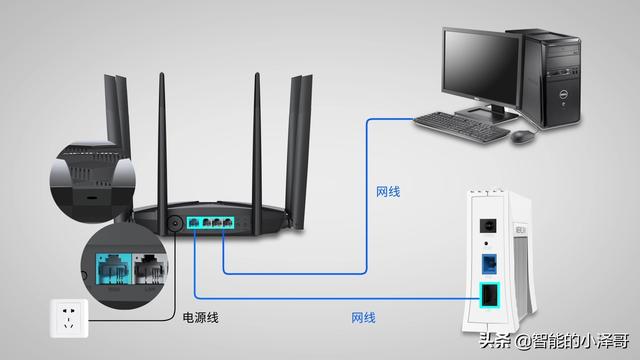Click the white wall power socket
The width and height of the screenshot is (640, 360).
[x=69, y=318]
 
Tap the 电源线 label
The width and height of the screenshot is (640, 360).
[x=200, y=318]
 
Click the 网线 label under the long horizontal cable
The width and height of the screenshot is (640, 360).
[x=363, y=318]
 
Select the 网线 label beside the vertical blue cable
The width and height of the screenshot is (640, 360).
[x=388, y=192]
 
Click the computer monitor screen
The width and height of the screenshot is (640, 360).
[x=480, y=67]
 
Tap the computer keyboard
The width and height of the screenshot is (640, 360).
[x=461, y=127]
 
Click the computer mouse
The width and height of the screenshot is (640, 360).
[x=522, y=136]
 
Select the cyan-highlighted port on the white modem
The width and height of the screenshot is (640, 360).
[x=489, y=295]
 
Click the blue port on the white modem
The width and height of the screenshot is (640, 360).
[x=489, y=264]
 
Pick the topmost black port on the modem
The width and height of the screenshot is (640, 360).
[x=488, y=226]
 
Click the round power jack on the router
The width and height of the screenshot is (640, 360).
[x=175, y=224]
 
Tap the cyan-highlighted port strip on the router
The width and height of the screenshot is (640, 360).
[x=211, y=222]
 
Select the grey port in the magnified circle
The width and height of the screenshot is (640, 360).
[x=150, y=269]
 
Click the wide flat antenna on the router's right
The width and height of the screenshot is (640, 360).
[x=299, y=151]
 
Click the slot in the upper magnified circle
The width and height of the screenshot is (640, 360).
[x=91, y=198]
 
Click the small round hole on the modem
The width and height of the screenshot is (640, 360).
[x=486, y=244]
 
